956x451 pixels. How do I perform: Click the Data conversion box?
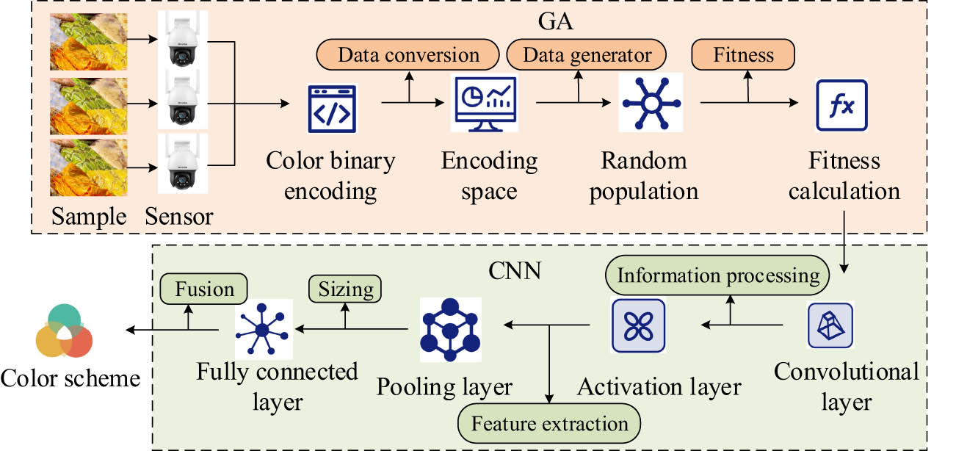[x=409, y=55]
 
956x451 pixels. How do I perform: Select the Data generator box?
[x=587, y=55]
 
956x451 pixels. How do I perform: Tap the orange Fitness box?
[x=744, y=55]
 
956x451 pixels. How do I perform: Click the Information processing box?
[x=717, y=275]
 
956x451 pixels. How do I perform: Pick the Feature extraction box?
[x=549, y=424]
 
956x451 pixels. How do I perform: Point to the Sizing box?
[x=346, y=289]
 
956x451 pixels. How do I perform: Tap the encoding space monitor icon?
[x=488, y=104]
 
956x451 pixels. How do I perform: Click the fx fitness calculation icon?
[x=842, y=107]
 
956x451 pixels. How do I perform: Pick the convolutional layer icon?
[x=830, y=325]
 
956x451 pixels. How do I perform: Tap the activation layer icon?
[x=638, y=325]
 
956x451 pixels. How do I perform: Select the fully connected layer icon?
[x=262, y=330]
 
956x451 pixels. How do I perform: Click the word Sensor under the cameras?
[x=179, y=217]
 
